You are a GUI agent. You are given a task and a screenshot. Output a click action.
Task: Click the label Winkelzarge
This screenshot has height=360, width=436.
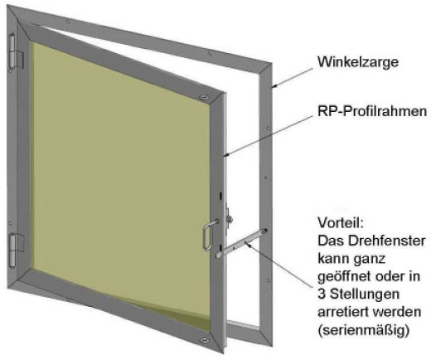(358, 62)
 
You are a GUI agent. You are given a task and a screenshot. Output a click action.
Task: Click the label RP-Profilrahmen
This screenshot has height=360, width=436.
(372, 111)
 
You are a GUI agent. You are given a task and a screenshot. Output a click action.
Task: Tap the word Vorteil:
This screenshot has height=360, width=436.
(341, 222)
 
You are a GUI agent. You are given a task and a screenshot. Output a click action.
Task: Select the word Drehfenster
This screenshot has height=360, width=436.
(387, 241)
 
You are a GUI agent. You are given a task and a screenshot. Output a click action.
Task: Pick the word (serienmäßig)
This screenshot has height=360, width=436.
(363, 330)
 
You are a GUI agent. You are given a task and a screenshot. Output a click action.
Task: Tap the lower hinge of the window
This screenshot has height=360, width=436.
(15, 251)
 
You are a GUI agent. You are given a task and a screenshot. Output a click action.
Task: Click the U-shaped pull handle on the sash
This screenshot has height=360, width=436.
(208, 235)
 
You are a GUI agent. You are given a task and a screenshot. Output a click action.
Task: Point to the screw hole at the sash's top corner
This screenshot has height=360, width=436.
(205, 97)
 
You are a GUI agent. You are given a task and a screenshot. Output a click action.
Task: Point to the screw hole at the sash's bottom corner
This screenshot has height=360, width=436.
(205, 340)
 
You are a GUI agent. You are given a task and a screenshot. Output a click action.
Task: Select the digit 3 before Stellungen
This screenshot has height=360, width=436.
(322, 294)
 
